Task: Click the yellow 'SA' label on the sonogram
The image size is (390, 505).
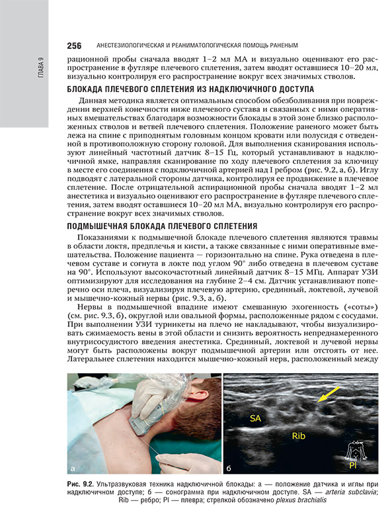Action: (x=254, y=418)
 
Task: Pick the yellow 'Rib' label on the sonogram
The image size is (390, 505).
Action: (x=300, y=436)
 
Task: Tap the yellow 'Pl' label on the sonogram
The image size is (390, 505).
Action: (x=355, y=466)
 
